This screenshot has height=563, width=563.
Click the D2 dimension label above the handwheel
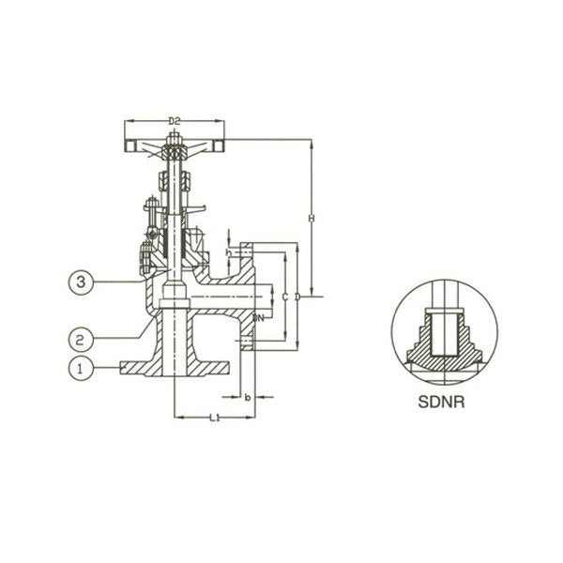click(175, 119)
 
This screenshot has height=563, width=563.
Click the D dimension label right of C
click(298, 297)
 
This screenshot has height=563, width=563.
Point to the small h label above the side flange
click(229, 253)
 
